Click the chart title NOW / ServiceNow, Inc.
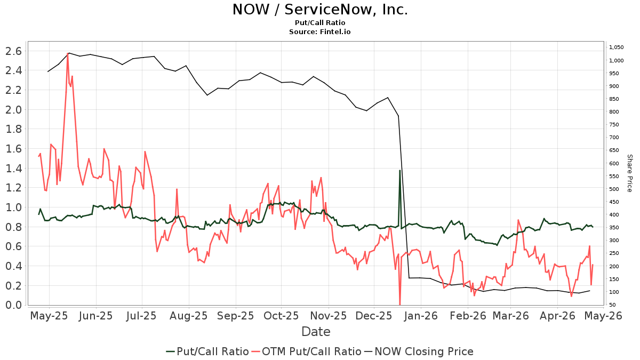(x=320, y=10)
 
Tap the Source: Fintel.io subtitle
(x=320, y=32)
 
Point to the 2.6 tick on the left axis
(x=13, y=51)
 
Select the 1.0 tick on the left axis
(x=13, y=207)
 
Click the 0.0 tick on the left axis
(x=13, y=305)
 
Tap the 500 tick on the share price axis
(x=614, y=189)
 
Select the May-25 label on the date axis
(x=50, y=316)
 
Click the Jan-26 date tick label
(x=420, y=316)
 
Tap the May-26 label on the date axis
(x=603, y=316)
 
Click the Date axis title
(x=316, y=332)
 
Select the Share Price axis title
(x=629, y=173)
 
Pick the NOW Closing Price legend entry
(x=418, y=351)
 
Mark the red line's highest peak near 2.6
(x=68, y=53)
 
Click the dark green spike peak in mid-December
(x=399, y=170)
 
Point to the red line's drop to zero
(x=400, y=305)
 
